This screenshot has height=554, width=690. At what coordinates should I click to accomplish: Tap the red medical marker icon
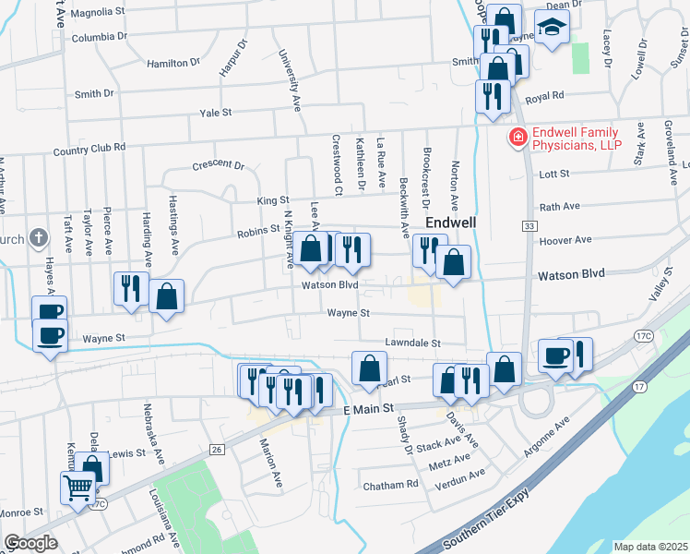pyautogui.click(x=517, y=138)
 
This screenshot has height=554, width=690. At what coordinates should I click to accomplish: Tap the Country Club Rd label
pyautogui.click(x=89, y=149)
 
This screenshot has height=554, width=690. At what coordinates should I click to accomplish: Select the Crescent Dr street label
pyautogui.click(x=218, y=167)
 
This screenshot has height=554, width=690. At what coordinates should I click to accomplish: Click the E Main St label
pyautogui.click(x=368, y=407)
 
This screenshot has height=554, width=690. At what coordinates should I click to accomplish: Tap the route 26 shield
pyautogui.click(x=217, y=449)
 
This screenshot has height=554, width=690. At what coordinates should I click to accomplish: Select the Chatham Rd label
pyautogui.click(x=390, y=485)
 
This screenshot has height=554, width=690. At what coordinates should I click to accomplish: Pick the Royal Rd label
pyautogui.click(x=543, y=97)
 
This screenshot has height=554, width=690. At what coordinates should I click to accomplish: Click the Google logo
pyautogui.click(x=30, y=543)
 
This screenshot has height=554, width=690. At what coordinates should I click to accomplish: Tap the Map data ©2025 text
pyautogui.click(x=650, y=547)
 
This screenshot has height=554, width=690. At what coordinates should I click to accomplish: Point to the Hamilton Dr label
pyautogui.click(x=173, y=63)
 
